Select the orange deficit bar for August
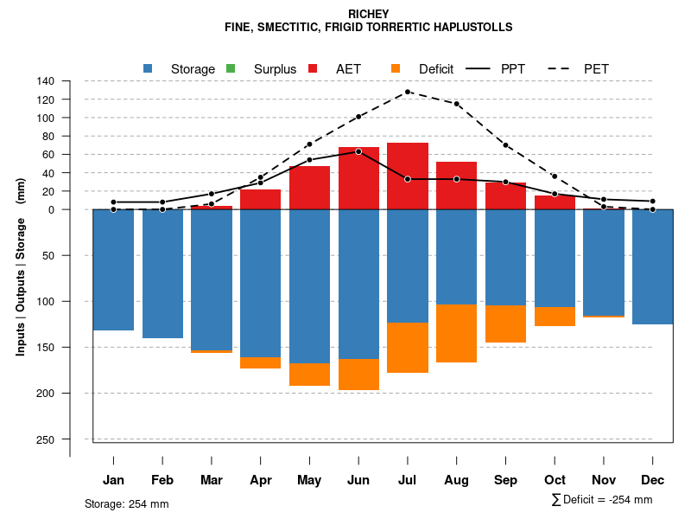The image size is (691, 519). point(456,333)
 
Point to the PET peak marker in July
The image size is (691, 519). point(408,92)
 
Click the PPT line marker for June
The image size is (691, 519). point(358,151)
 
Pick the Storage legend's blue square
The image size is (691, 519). point(148,68)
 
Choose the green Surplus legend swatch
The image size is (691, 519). point(230,68)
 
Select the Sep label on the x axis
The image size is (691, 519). point(505,480)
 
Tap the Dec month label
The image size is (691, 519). point(652,480)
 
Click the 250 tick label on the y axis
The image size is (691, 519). point(47,439)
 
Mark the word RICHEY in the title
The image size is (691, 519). point(369,14)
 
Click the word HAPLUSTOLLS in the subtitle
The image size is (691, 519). point(472,28)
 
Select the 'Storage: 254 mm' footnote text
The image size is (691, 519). point(127,503)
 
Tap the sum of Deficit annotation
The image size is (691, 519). point(602,500)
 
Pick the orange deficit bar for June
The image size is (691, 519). point(358,375)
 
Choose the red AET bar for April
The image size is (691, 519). point(260,199)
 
